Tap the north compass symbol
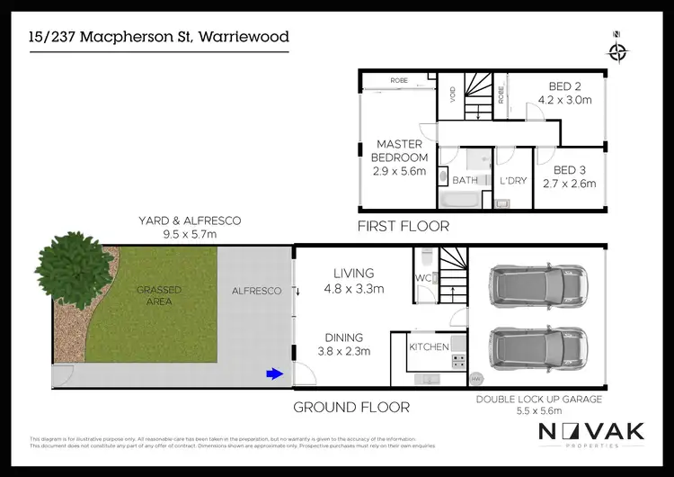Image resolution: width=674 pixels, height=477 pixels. point(616,51)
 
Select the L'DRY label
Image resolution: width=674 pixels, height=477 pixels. point(512,181)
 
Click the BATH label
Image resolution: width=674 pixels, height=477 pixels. point(465,180)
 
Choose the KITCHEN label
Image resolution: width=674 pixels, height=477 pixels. point(429,346)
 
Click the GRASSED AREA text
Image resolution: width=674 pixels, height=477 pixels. point(158,295)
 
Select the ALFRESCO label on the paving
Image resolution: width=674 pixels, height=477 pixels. point(257,291)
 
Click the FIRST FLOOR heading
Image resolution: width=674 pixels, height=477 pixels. point(404,227)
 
